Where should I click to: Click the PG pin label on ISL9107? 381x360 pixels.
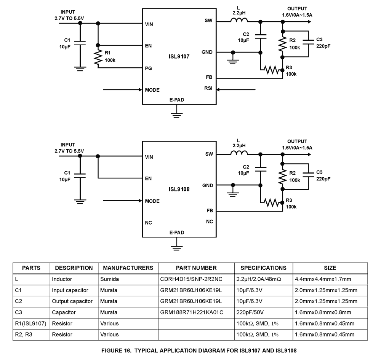(x=149, y=68)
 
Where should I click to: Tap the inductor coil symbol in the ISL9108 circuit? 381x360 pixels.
(x=239, y=153)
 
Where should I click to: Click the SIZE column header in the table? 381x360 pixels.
(x=330, y=268)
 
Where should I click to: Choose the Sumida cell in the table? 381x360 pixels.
(x=110, y=279)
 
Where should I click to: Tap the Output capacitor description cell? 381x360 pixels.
(x=72, y=301)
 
